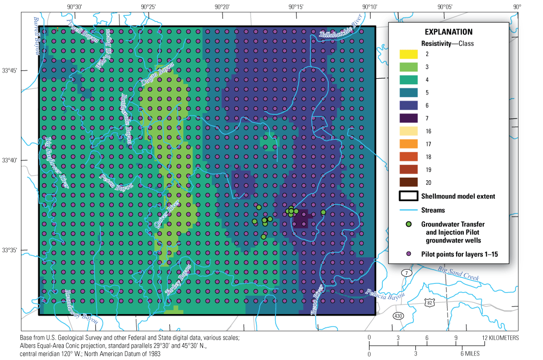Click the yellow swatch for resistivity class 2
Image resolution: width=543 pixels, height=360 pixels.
click(409, 54)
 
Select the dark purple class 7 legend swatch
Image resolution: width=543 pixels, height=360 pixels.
click(409, 118)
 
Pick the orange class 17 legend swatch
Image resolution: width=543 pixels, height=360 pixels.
click(409, 144)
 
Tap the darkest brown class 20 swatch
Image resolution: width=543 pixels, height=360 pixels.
click(409, 182)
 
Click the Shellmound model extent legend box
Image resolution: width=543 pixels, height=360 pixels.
click(409, 196)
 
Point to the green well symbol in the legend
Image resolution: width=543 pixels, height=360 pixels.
click(409, 224)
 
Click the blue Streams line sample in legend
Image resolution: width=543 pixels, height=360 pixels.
click(409, 210)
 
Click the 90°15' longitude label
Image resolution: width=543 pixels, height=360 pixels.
click(295, 7)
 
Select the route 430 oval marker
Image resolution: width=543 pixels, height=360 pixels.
click(399, 316)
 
